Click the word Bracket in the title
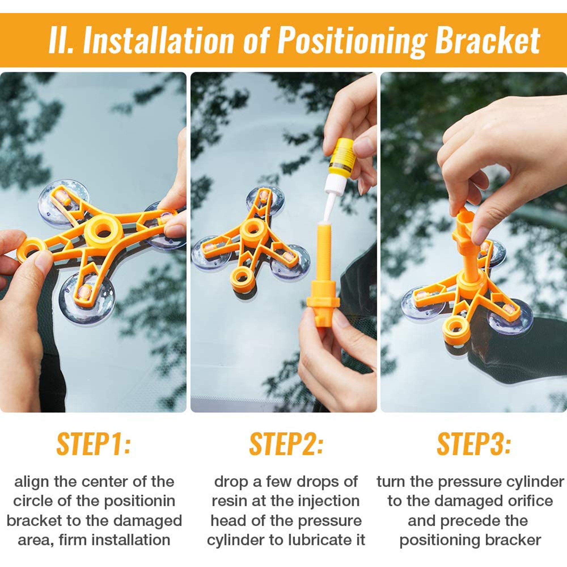[487, 40]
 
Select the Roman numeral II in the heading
[60, 40]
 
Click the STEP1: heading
[93, 443]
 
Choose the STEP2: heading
[286, 443]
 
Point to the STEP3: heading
[474, 443]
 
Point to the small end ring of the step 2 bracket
[242, 277]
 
